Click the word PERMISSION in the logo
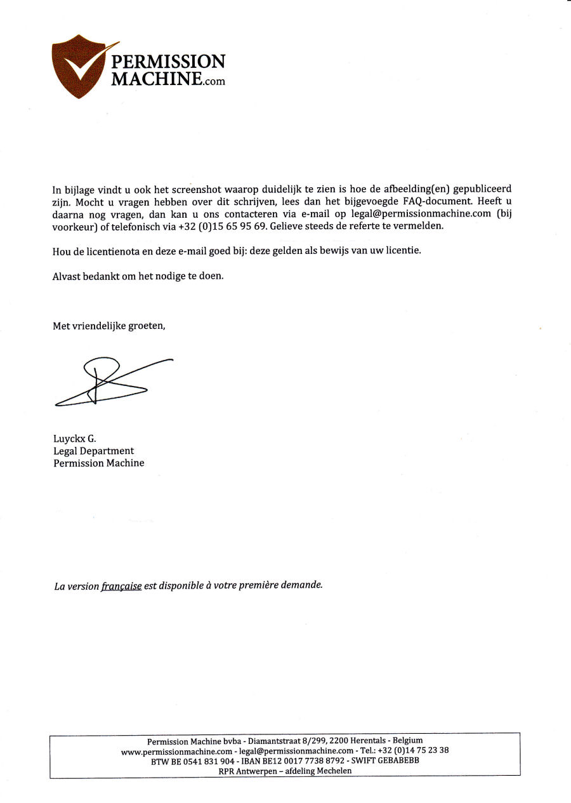168,62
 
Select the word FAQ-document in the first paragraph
438,201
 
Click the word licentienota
108,251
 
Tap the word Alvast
67,276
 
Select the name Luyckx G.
74,439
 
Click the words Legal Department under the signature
93,451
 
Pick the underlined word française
121,586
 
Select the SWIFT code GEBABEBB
398,760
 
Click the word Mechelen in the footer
331,771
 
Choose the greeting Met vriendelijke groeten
108,326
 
